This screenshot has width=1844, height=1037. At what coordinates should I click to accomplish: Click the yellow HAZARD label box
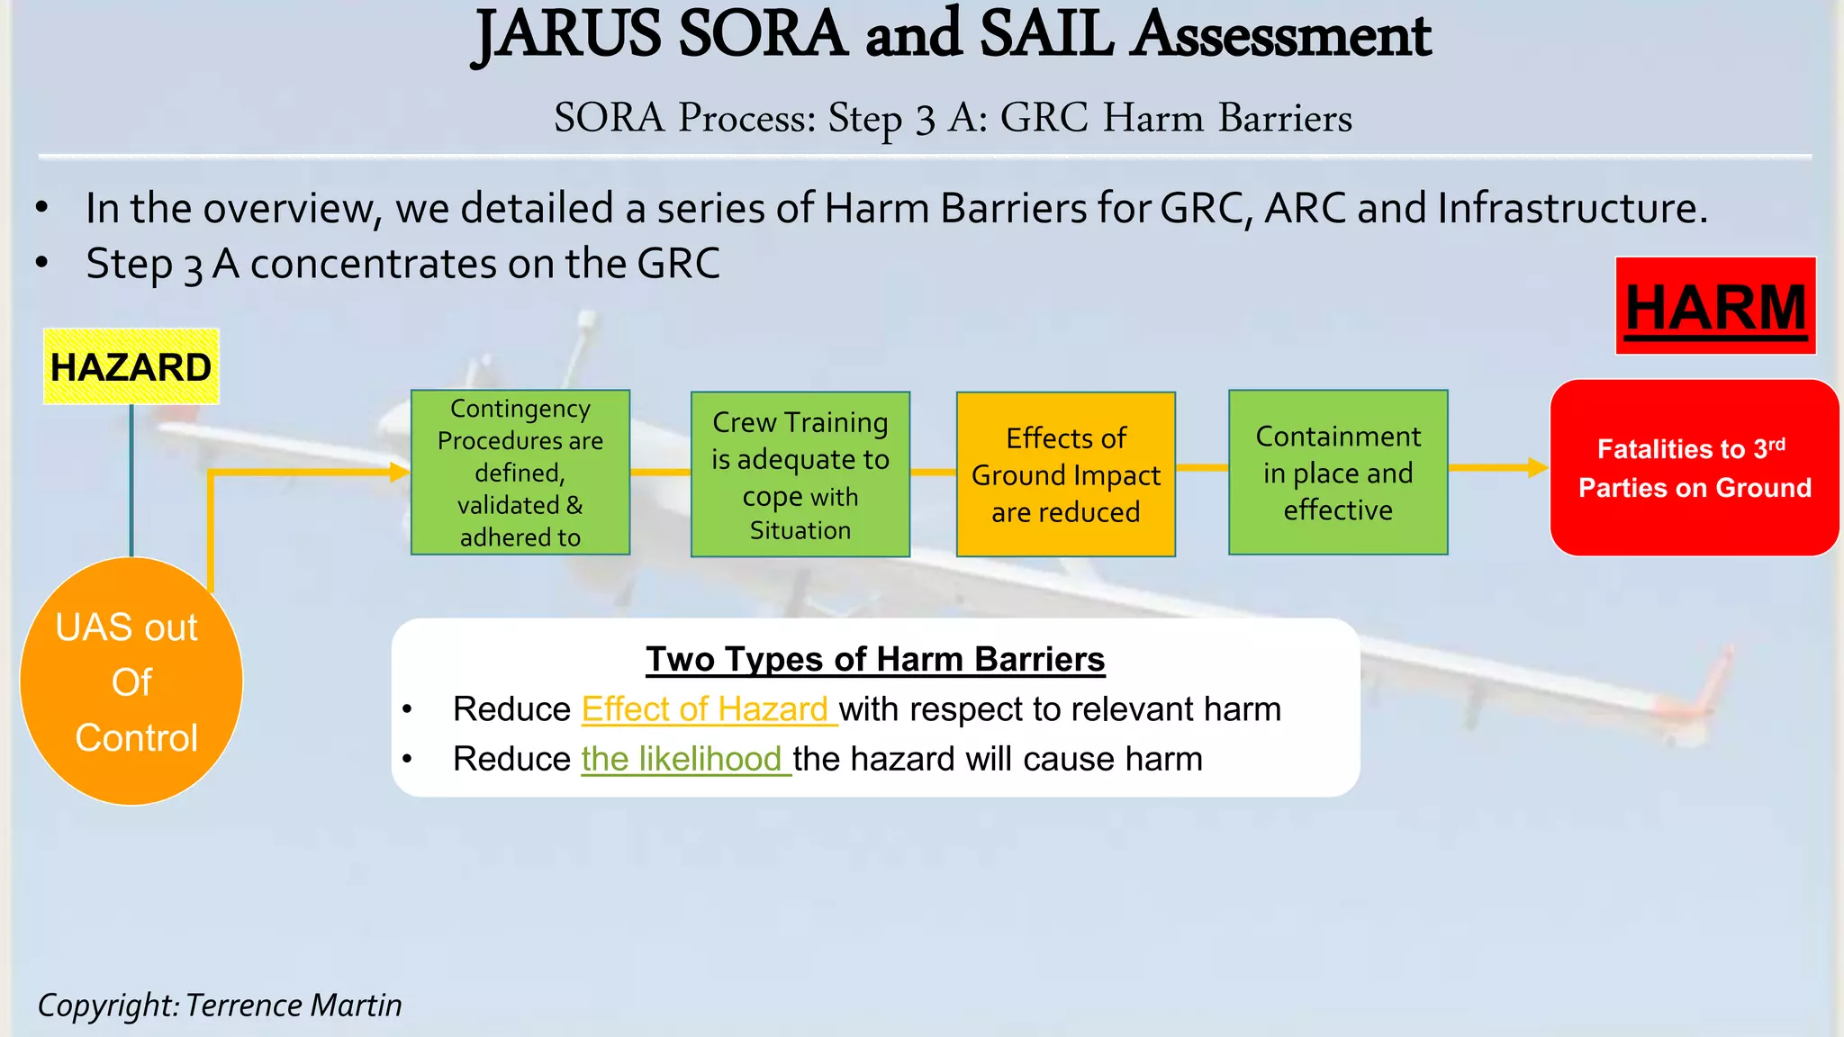coord(131,366)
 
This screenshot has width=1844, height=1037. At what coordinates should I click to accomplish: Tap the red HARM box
coord(1715,306)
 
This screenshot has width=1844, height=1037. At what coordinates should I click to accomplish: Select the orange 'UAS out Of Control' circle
coord(131,681)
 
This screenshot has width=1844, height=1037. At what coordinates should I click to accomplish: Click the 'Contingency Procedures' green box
coord(520,473)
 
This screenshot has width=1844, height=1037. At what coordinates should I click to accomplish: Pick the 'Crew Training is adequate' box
coord(800,474)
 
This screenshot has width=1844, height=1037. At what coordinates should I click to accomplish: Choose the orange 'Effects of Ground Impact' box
coord(1066,474)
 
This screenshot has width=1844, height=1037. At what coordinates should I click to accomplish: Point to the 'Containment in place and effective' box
coord(1338,473)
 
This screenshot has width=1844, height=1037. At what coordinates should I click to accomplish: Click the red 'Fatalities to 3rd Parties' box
coord(1695,468)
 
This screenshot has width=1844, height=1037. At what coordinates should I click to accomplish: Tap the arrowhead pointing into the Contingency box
coord(400,472)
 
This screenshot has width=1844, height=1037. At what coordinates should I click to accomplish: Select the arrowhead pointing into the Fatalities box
coord(1537,467)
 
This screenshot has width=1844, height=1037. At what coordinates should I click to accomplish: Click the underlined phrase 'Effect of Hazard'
coord(705,709)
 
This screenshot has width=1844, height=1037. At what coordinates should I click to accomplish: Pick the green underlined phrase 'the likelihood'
coord(682,759)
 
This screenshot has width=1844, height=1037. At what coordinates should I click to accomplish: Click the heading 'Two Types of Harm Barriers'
coord(875,659)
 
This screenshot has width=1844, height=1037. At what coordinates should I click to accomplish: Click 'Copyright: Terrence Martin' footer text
coord(220,1005)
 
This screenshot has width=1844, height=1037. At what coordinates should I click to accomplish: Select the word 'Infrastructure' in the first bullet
coord(1572,208)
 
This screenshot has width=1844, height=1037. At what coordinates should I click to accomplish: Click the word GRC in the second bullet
coord(678,264)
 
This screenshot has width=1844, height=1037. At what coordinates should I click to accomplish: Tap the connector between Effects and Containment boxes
coord(1202,467)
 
